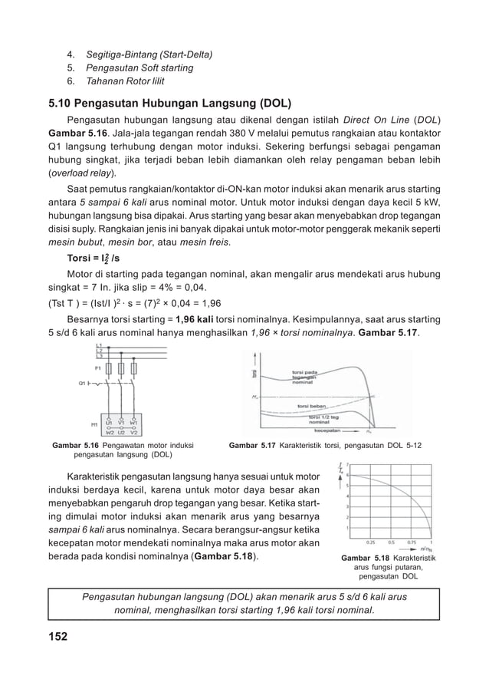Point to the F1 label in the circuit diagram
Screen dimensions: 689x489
97,368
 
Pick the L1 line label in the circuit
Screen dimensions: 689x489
99,346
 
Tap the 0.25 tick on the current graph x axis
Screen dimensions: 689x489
369,541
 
